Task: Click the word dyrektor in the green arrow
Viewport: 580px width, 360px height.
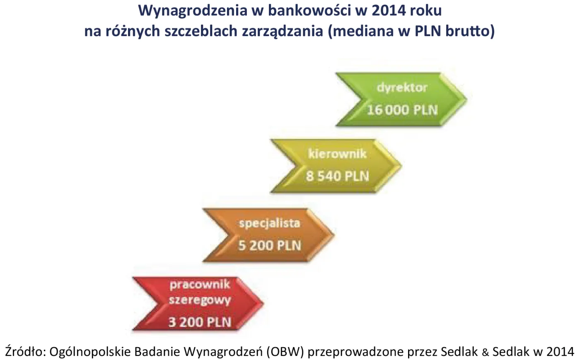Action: tap(401, 88)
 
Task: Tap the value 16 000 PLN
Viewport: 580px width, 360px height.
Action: tap(402, 110)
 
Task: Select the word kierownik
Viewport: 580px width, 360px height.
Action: tap(337, 154)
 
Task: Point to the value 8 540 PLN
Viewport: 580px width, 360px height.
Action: tap(337, 176)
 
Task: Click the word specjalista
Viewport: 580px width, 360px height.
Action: tap(269, 223)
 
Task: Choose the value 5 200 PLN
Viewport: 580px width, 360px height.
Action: tap(269, 245)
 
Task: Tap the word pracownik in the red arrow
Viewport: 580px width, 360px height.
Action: tap(200, 285)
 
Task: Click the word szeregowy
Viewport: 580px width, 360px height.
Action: tap(200, 300)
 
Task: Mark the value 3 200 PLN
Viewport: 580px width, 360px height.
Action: tap(200, 322)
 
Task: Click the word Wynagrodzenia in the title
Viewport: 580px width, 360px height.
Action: tap(193, 10)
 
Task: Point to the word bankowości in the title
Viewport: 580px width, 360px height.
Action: tap(307, 10)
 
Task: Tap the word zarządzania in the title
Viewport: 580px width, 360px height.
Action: tap(282, 31)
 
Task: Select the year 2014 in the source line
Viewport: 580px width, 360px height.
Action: tap(560, 352)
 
